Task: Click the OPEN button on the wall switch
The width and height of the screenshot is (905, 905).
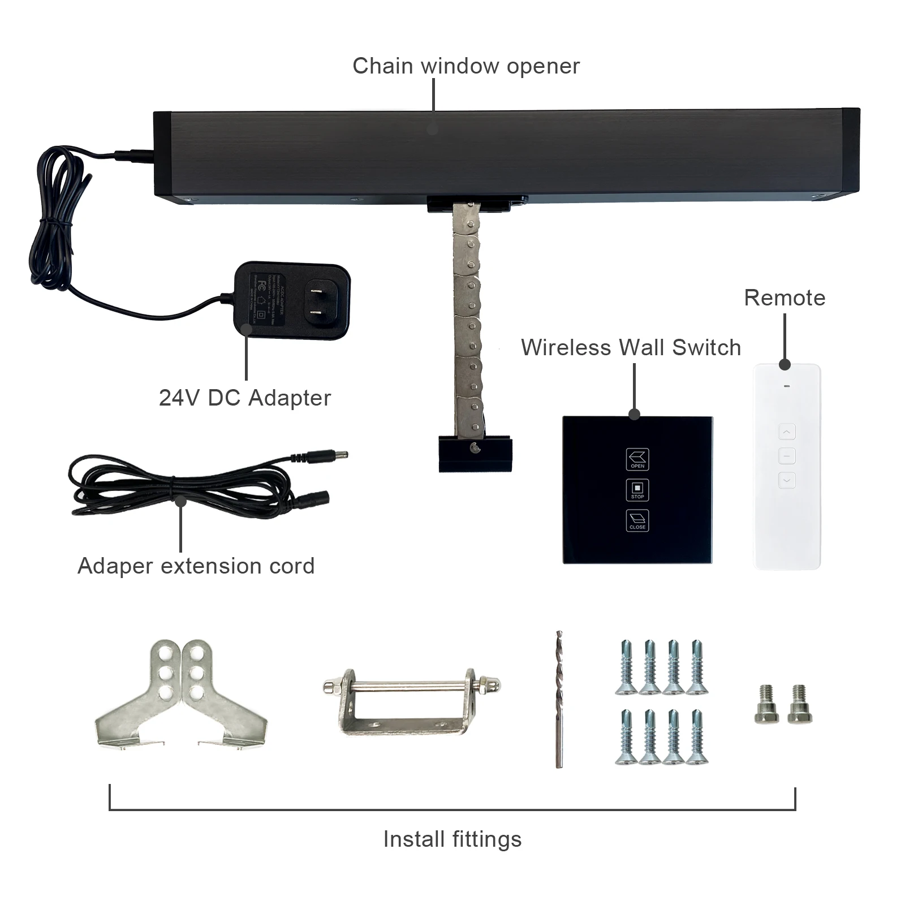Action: coord(637,459)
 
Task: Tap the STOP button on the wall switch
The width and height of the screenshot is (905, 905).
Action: coord(637,490)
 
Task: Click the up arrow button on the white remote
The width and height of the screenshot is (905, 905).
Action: coord(786,432)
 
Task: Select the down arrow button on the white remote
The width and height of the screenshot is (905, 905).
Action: coord(786,480)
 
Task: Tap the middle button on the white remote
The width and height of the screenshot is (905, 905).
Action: coord(786,456)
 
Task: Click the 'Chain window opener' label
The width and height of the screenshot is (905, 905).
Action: coord(466,66)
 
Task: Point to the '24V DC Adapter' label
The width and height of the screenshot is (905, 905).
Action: coord(244,398)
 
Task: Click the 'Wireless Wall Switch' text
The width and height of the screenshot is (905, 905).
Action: coord(631,347)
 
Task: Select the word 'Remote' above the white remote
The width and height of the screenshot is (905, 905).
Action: coord(785,298)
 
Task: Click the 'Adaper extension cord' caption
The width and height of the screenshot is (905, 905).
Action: coord(196,566)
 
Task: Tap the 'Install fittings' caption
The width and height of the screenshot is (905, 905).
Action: coord(453,839)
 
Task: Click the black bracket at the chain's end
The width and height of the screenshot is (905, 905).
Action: coord(475,454)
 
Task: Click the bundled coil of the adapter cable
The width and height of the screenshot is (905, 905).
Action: coord(57,221)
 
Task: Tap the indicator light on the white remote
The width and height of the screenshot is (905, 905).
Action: coord(786,387)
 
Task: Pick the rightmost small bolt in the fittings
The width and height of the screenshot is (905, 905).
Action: coord(799,704)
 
